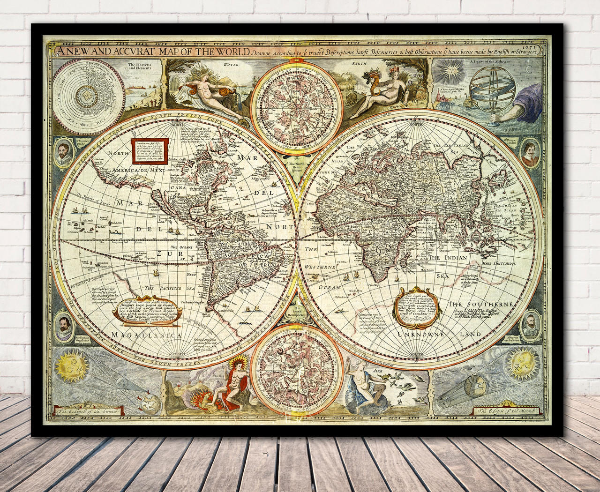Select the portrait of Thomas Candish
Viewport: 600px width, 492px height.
530,153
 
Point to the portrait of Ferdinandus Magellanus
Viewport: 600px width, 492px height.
62,327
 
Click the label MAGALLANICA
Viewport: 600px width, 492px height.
147,335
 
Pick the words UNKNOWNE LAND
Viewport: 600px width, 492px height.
439,334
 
